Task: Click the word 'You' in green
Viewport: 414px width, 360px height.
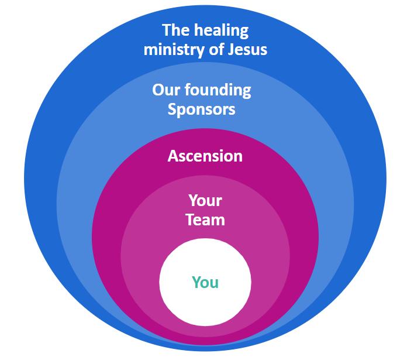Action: click(205, 282)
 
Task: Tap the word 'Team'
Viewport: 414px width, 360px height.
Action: click(205, 220)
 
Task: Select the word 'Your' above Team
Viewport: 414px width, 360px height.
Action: click(205, 201)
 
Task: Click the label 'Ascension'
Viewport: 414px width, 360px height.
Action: click(205, 156)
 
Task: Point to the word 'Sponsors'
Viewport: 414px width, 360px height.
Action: click(202, 109)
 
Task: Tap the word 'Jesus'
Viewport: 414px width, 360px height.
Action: click(246, 49)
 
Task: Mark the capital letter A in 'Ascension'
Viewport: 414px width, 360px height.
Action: click(172, 156)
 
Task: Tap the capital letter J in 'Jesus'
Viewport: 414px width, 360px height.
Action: click(229, 49)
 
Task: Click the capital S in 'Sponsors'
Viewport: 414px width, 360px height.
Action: click(172, 109)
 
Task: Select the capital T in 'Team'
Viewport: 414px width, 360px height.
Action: click(189, 220)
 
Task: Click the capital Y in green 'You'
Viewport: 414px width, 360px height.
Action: click(196, 282)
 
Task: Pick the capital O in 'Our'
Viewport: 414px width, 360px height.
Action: click(158, 91)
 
